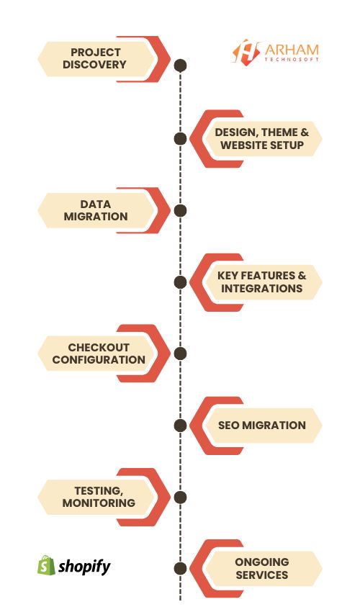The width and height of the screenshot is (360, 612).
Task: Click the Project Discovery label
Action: [x=95, y=58]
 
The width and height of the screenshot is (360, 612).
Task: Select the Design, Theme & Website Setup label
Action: [x=261, y=139]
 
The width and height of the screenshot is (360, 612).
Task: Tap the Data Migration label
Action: [x=95, y=210]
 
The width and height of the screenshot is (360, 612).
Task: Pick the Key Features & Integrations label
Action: [x=261, y=282]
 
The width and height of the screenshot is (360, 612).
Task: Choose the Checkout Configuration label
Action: [x=99, y=354]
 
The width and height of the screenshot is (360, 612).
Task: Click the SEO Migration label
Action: [x=261, y=425]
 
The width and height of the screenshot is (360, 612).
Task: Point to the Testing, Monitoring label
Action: [x=99, y=497]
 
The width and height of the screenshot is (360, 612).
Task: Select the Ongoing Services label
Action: [x=261, y=568]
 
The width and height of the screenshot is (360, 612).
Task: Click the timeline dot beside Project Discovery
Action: [x=181, y=66]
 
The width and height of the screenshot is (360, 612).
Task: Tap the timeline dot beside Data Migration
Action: [x=181, y=210]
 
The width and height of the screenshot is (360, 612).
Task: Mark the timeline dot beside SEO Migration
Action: [x=181, y=425]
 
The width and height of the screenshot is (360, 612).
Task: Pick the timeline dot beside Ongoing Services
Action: [x=181, y=568]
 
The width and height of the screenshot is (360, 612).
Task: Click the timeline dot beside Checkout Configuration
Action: [x=181, y=354]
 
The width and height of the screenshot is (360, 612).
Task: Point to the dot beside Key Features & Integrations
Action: [x=181, y=282]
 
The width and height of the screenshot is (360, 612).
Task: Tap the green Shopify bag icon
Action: [x=46, y=565]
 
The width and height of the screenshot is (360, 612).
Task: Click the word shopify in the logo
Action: [x=85, y=567]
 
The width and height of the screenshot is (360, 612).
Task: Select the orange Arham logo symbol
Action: [x=246, y=51]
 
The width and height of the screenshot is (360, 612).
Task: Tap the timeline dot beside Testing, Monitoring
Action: [x=181, y=497]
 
